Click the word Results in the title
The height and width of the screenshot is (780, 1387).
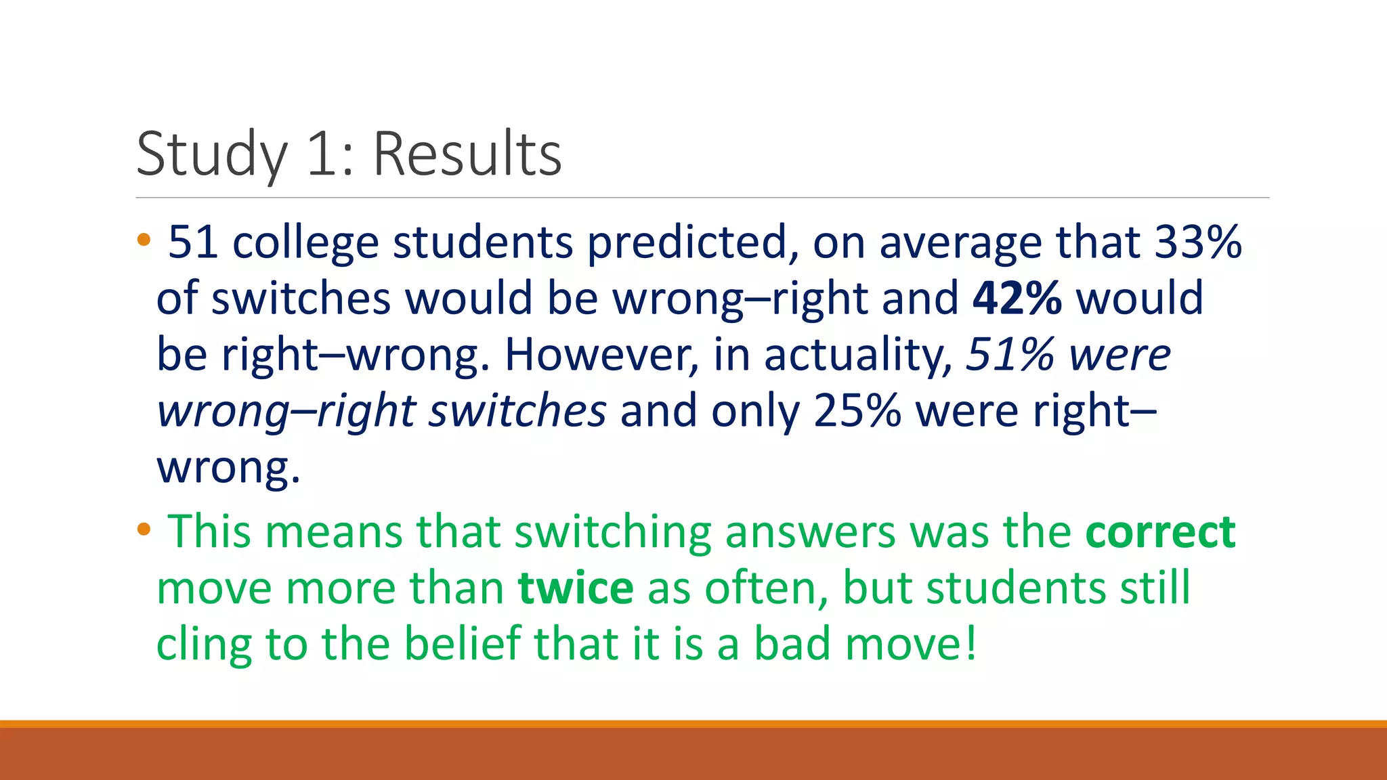[467, 154]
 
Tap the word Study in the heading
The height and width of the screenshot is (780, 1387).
[212, 154]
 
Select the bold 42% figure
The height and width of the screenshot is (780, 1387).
[1017, 298]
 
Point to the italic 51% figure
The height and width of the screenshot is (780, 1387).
[1010, 354]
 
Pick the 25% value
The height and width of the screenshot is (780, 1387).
[857, 410]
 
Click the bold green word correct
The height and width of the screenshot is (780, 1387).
[1160, 532]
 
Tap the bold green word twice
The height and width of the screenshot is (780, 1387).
[576, 588]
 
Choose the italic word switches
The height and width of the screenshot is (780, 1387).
[517, 410]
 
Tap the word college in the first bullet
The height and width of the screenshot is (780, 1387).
[305, 243]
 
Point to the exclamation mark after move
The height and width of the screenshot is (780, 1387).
[971, 643]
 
